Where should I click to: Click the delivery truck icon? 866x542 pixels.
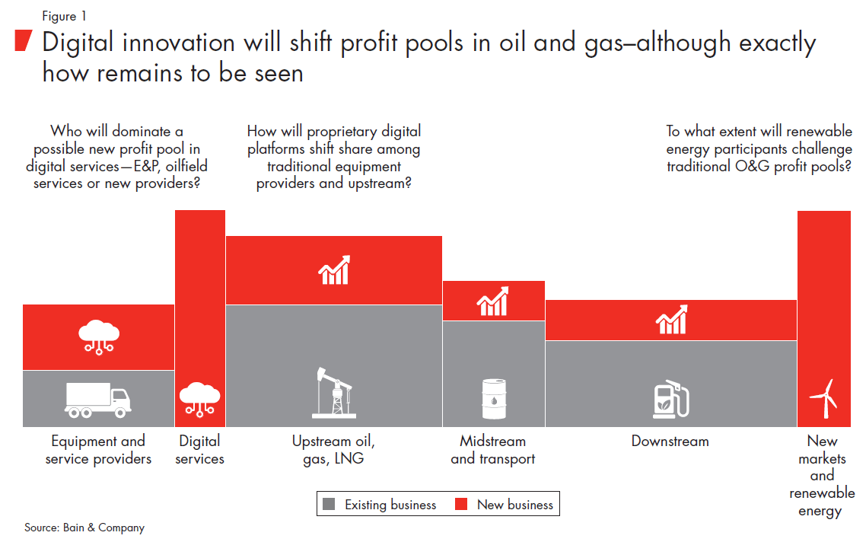pyautogui.click(x=97, y=400)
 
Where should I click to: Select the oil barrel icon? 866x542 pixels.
pyautogui.click(x=494, y=399)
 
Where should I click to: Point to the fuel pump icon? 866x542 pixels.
pyautogui.click(x=671, y=398)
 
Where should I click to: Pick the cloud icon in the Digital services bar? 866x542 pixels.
pyautogui.click(x=200, y=399)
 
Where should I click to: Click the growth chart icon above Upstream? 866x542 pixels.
pyautogui.click(x=334, y=269)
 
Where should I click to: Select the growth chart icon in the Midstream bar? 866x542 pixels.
pyautogui.click(x=492, y=301)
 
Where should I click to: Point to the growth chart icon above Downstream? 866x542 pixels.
pyautogui.click(x=672, y=320)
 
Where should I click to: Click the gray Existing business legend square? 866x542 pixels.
pyautogui.click(x=329, y=504)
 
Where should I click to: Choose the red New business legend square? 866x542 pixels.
pyautogui.click(x=461, y=504)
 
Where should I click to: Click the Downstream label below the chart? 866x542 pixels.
pyautogui.click(x=670, y=441)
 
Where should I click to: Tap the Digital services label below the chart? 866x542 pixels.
pyautogui.click(x=199, y=450)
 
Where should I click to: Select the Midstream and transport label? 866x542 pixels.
pyautogui.click(x=492, y=450)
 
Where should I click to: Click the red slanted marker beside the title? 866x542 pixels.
pyautogui.click(x=23, y=41)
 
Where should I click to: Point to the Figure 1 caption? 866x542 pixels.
pyautogui.click(x=64, y=16)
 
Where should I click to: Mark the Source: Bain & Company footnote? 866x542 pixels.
pyautogui.click(x=84, y=528)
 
